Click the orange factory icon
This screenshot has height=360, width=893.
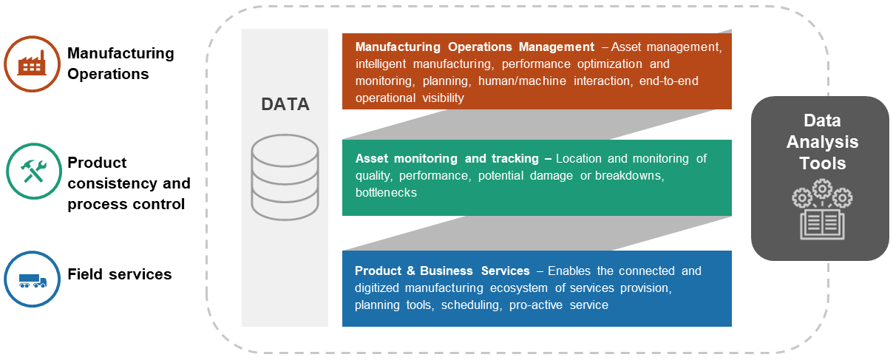31,64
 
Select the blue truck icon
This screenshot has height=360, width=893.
31,279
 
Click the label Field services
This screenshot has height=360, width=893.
120,274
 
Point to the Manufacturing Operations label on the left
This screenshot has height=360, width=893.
120,64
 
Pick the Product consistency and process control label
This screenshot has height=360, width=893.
129,183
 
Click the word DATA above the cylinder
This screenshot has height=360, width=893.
285,104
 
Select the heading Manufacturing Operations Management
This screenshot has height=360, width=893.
475,47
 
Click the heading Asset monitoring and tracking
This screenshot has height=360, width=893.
453,158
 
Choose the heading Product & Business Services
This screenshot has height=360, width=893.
442,271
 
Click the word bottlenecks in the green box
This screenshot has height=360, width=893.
386,192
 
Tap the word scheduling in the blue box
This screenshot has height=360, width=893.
469,305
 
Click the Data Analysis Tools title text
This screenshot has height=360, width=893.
821,141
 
